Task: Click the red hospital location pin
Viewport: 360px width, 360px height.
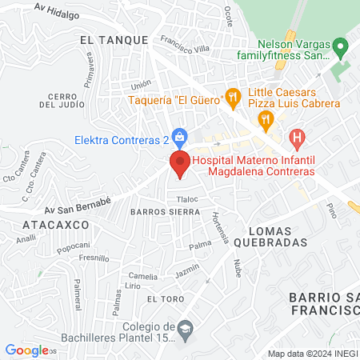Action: (x=180, y=164)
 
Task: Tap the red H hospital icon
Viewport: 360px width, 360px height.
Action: (x=298, y=141)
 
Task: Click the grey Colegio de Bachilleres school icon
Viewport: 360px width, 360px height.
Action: (x=186, y=329)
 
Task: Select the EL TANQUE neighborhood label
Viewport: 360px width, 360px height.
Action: (x=114, y=39)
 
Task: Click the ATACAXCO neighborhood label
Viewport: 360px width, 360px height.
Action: (x=54, y=226)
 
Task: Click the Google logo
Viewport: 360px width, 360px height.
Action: (x=26, y=350)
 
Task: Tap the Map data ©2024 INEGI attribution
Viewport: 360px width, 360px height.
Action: (x=312, y=354)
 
